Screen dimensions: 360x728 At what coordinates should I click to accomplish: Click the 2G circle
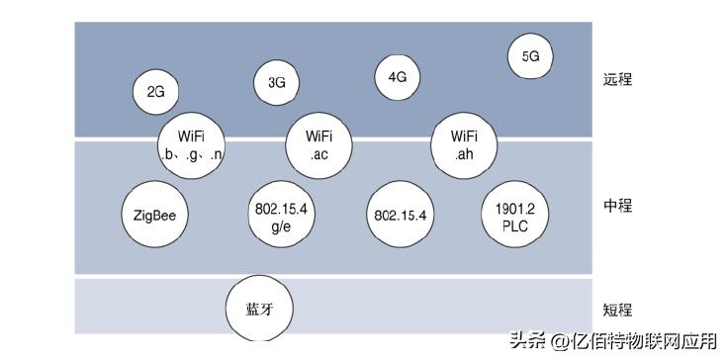click(155, 92)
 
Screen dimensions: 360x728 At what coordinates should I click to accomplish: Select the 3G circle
click(276, 83)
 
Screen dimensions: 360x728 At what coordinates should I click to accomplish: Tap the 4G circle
click(398, 75)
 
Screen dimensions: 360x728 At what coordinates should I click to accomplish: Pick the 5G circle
click(530, 56)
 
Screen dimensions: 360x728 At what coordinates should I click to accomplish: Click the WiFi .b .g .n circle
click(192, 144)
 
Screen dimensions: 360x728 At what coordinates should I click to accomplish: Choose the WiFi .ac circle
click(318, 144)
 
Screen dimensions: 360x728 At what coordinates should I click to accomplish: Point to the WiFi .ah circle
click(465, 144)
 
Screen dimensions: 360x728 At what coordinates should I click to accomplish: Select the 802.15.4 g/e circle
click(282, 216)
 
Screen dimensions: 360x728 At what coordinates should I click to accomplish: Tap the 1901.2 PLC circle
click(513, 215)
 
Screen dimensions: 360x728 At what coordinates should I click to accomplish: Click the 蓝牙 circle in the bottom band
click(258, 309)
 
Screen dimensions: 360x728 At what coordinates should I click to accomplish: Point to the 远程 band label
click(616, 79)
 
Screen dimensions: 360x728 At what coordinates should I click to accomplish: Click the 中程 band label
click(616, 206)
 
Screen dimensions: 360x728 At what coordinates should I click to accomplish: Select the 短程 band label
click(616, 309)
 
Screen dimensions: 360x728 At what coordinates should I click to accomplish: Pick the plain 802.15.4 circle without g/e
click(400, 215)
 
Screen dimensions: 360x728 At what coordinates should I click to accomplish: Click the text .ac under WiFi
click(318, 154)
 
